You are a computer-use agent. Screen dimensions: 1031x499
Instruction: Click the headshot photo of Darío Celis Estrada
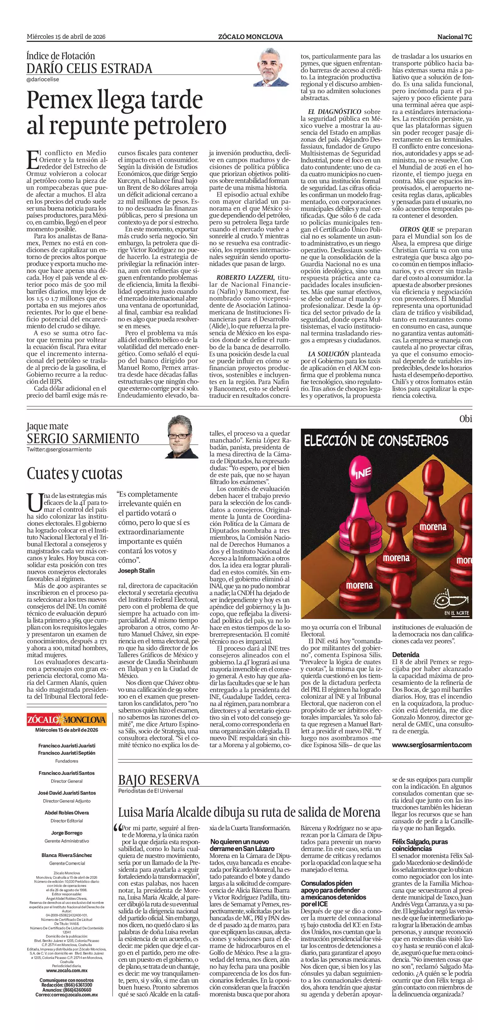(x=270, y=68)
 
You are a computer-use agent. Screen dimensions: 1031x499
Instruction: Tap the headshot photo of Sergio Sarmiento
(x=182, y=437)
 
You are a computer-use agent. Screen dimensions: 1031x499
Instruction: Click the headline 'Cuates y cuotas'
(x=75, y=473)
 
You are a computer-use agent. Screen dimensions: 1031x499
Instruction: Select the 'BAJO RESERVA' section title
(x=159, y=780)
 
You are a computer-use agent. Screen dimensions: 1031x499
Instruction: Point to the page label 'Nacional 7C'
(x=454, y=37)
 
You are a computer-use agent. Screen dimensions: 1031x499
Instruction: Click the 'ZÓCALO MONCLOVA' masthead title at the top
(x=250, y=37)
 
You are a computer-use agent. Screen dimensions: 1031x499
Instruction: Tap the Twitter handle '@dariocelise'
(x=43, y=79)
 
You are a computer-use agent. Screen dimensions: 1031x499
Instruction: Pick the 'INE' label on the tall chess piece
(x=363, y=473)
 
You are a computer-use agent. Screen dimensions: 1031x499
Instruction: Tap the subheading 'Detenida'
(x=405, y=655)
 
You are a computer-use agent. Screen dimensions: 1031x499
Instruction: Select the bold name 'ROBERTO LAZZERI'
(x=245, y=277)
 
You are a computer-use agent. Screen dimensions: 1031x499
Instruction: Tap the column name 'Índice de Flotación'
(x=61, y=56)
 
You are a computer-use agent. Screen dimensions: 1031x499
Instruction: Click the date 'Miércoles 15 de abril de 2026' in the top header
(x=66, y=37)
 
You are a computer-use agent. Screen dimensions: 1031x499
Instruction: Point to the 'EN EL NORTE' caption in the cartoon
(x=457, y=613)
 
